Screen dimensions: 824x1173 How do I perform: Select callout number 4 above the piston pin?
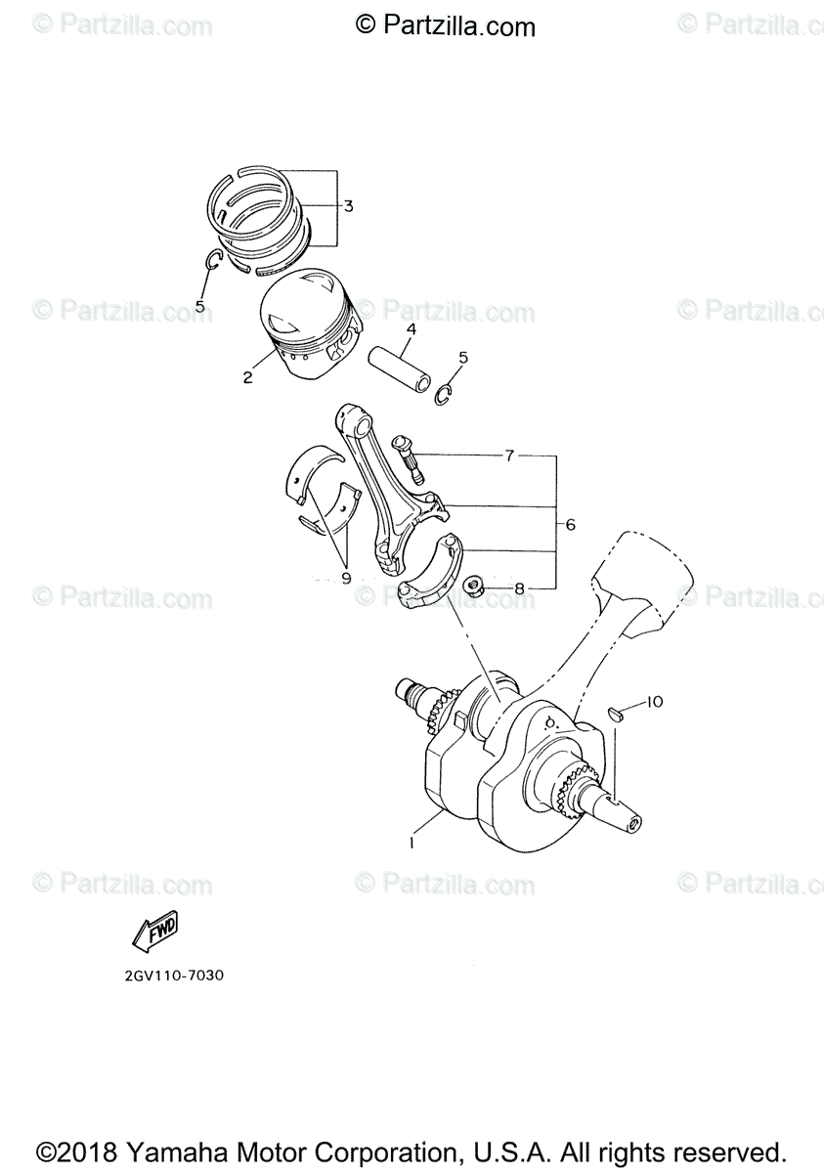coord(412,329)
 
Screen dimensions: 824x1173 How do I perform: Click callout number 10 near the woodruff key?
coord(654,701)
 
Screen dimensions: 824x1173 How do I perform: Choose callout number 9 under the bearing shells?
coord(345,578)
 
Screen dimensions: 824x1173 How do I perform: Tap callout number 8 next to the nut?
coord(520,588)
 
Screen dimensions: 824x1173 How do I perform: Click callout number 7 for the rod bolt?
coord(509,456)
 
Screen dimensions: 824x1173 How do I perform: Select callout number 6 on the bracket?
coord(570,525)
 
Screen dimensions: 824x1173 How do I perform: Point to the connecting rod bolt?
coord(408,458)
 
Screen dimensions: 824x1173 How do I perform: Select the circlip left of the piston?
coord(214,260)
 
